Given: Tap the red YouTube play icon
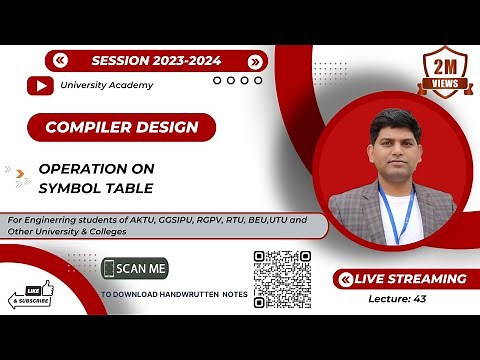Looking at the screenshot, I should (41, 86).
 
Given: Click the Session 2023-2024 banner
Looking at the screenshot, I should (159, 60).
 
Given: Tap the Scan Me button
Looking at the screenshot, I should (135, 269).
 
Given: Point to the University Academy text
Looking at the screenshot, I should (108, 86).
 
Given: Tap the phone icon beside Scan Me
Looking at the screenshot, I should (109, 269).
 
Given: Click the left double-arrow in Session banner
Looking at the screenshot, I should (61, 60).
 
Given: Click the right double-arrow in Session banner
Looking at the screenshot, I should (256, 60).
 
